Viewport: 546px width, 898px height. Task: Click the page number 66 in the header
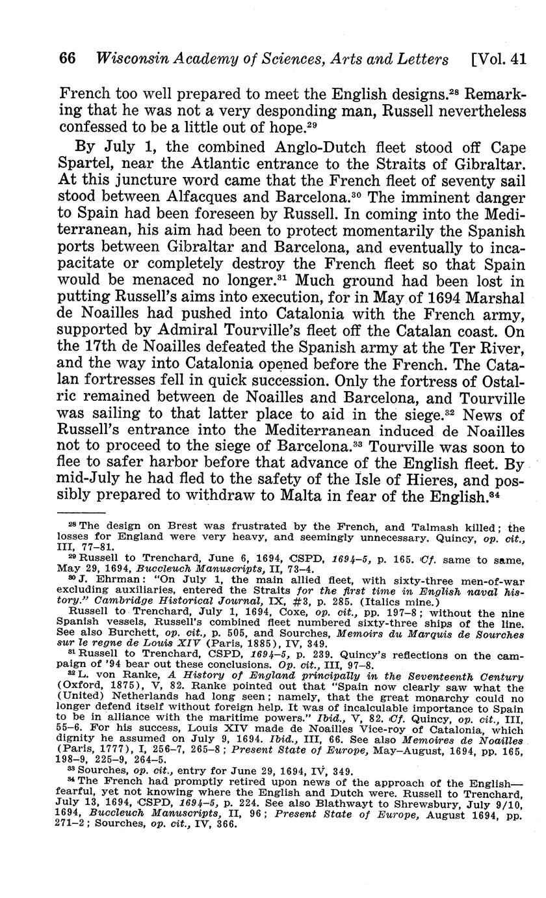(68, 59)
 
